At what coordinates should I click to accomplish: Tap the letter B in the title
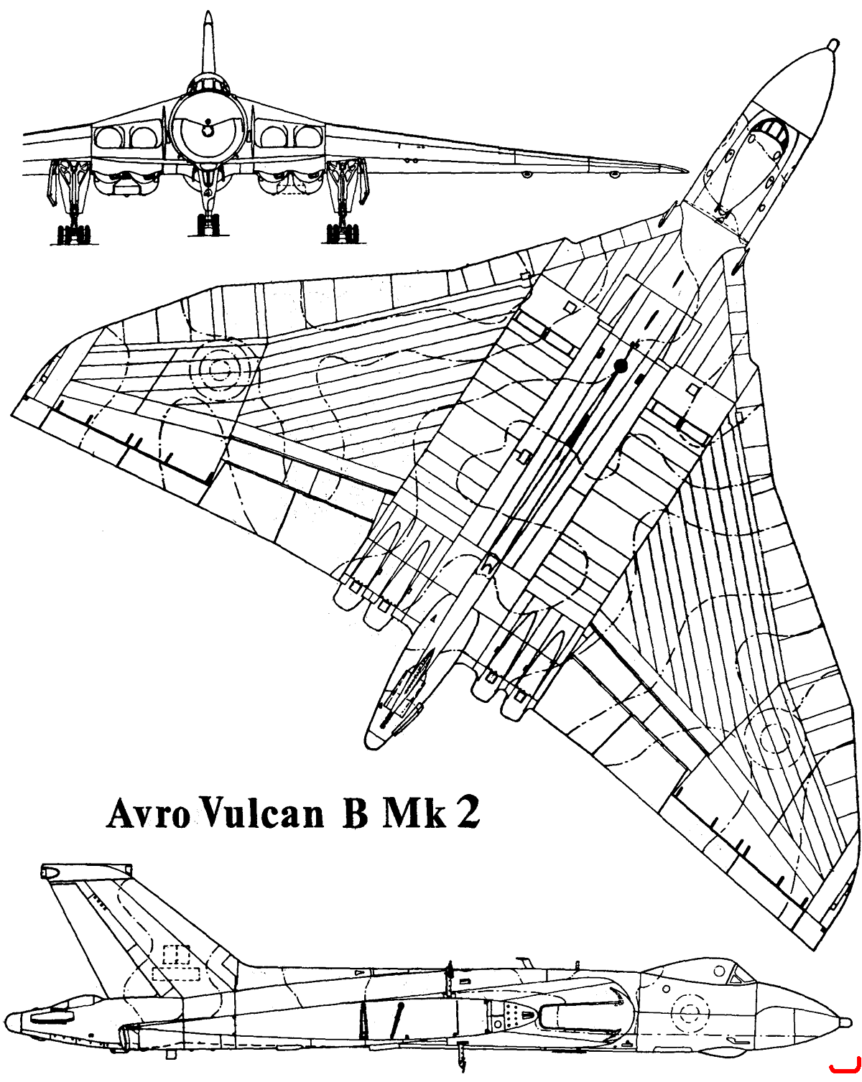click(x=356, y=814)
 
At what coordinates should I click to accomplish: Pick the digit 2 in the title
click(x=468, y=813)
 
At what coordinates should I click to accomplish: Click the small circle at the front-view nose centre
click(x=207, y=131)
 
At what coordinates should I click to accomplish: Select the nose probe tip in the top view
click(x=834, y=45)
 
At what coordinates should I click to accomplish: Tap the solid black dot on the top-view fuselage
click(x=621, y=367)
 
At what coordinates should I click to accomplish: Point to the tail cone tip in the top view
click(x=371, y=741)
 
